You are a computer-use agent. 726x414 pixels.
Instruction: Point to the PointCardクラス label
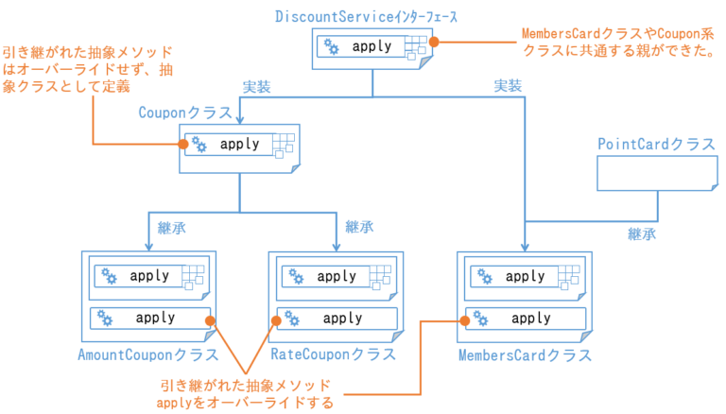(656, 144)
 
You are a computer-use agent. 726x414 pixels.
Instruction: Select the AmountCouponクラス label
(147, 355)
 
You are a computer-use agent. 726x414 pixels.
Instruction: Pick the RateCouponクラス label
(334, 355)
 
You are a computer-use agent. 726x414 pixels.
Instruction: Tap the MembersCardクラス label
(525, 355)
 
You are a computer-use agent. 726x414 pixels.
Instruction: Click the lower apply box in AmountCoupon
(149, 319)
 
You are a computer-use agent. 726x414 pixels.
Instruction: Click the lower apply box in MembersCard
(525, 319)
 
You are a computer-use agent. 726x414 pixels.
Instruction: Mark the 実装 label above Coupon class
(257, 87)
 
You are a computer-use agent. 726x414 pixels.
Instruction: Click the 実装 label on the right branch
(508, 86)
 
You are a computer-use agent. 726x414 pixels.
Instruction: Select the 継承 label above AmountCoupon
(171, 227)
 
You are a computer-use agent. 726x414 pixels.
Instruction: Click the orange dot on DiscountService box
(434, 42)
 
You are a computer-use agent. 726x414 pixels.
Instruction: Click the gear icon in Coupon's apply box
(199, 145)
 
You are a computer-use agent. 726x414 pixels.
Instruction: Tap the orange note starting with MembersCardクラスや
(617, 42)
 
